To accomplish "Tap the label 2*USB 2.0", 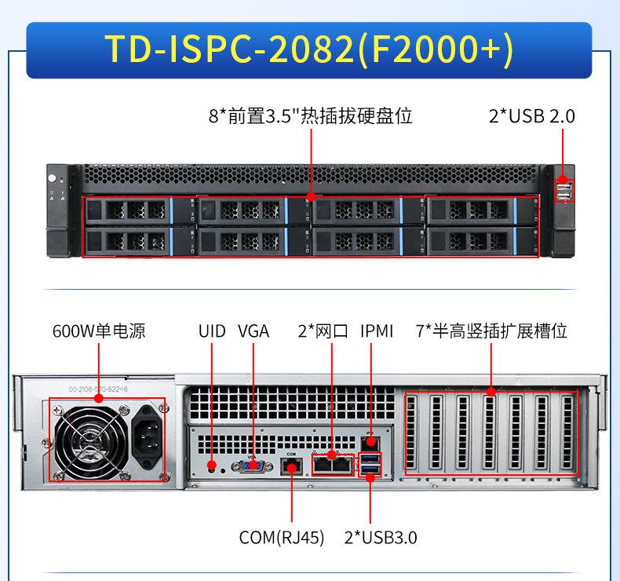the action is [531, 116].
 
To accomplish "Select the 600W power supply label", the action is [99, 331].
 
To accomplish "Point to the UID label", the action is [212, 331].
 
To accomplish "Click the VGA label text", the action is [253, 331].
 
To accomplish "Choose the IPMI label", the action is [377, 331].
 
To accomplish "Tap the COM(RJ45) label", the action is [282, 538].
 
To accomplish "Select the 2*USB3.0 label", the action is [381, 538].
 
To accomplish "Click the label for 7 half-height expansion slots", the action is [491, 331].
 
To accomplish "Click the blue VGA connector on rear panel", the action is [253, 466].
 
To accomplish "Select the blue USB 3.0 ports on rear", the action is [370, 465].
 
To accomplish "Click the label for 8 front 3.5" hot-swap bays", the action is [311, 116].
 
